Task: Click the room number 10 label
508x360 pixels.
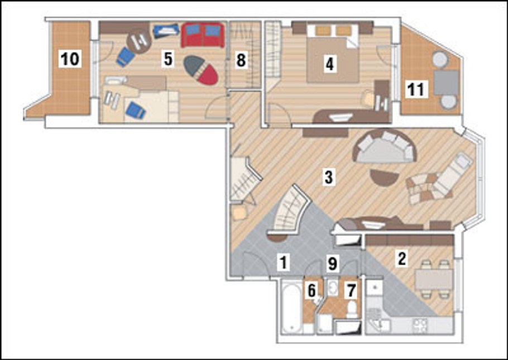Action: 70,59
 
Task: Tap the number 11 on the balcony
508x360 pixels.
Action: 416,89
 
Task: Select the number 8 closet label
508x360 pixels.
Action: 241,60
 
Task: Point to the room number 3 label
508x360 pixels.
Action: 328,177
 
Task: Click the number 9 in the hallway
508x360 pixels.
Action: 332,263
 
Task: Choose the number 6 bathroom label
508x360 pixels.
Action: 311,290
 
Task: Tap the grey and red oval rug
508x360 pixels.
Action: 200,70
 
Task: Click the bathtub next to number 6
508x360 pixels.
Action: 291,306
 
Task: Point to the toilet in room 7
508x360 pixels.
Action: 352,309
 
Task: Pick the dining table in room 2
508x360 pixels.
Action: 434,279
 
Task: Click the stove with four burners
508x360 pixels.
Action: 420,325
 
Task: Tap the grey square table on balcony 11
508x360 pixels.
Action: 446,83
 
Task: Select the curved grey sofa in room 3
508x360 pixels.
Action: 386,147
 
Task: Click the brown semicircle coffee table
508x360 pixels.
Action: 385,177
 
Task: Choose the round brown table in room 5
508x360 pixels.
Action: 139,42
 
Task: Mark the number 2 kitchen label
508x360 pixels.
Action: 402,259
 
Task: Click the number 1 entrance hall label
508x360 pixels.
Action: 284,262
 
